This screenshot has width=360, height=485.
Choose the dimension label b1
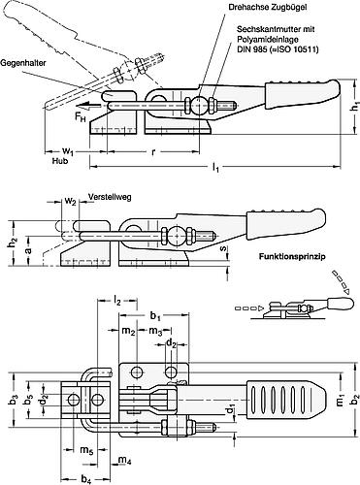(155, 318)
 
